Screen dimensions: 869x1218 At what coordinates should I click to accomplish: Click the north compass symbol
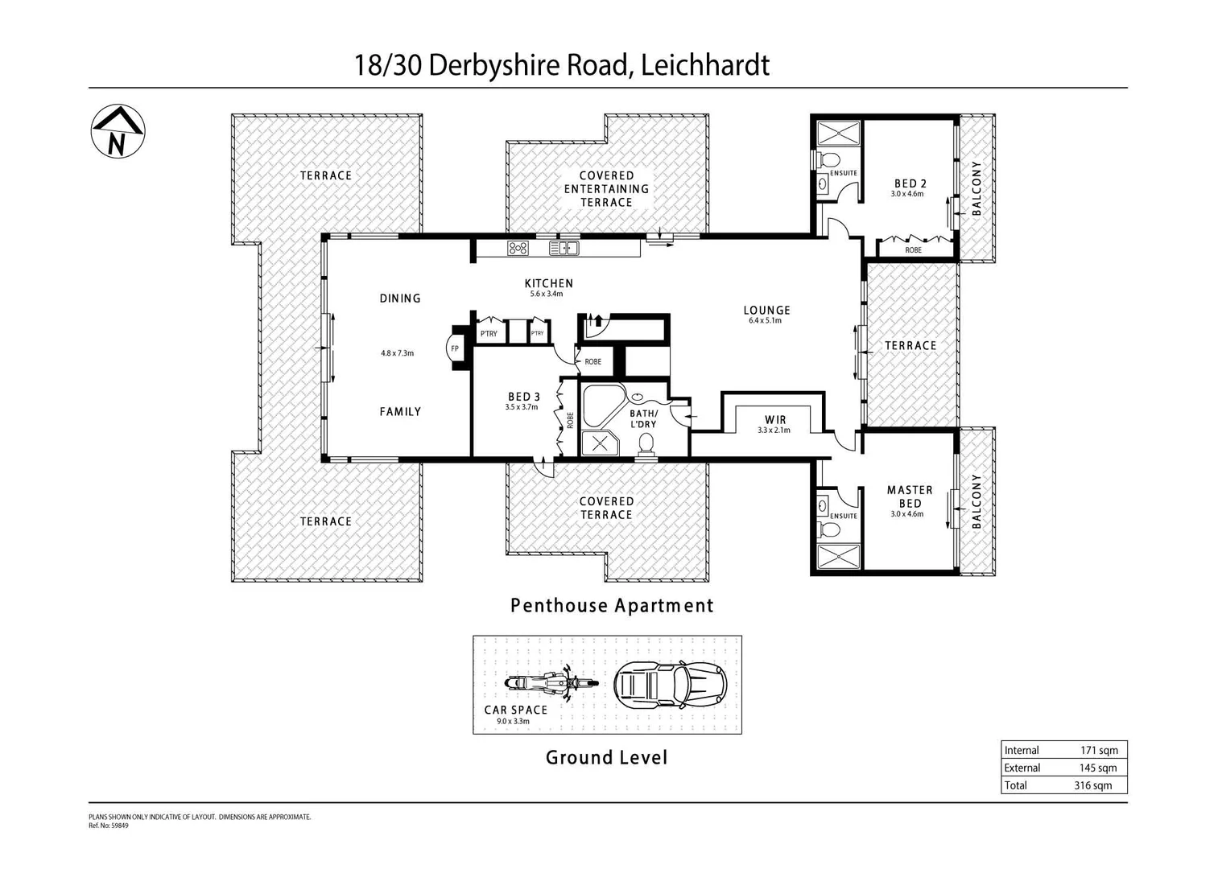coord(118,131)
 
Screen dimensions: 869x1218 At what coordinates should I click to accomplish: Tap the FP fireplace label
coord(455,348)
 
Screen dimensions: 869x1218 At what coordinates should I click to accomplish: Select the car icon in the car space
coord(670,685)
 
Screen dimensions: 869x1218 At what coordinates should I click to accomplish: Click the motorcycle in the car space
coord(551,684)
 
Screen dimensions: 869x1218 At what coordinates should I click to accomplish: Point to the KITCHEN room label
coord(548,283)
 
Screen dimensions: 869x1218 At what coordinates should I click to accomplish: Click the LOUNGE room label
coord(766,310)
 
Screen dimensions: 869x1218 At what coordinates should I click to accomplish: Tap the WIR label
coord(775,419)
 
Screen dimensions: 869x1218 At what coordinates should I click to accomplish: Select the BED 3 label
coord(523,396)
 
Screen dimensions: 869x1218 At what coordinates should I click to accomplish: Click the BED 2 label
coord(910,183)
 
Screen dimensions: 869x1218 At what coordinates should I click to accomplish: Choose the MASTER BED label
coord(910,496)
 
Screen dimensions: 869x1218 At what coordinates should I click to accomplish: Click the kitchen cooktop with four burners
coord(518,249)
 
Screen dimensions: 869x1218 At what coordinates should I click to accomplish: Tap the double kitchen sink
coord(564,249)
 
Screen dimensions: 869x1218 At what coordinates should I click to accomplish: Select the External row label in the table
coord(1022,768)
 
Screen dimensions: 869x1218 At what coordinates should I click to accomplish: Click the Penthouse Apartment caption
coord(612,605)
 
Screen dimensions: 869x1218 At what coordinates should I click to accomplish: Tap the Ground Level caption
coord(606,757)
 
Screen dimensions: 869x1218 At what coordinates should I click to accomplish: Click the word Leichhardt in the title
coord(704,64)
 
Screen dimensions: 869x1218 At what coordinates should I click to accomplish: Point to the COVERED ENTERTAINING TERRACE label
coord(606,189)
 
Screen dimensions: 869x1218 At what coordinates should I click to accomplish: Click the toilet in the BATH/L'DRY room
coord(646,443)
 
